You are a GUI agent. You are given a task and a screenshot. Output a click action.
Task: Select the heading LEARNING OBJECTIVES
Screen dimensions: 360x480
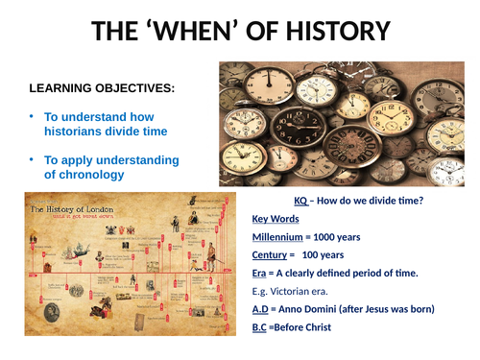point(102,88)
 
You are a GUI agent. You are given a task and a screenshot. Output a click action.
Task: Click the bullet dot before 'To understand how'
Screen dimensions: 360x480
point(31,116)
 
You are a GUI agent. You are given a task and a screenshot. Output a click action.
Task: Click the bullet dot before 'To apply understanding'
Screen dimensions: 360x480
point(31,158)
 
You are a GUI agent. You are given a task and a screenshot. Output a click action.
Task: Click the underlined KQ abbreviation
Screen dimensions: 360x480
point(301,201)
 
